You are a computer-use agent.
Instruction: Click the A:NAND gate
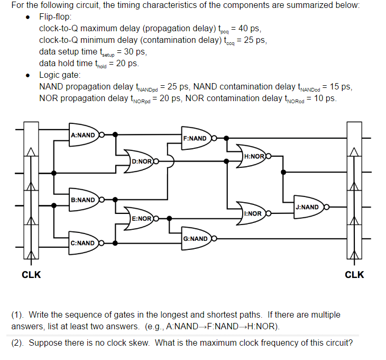(84, 135)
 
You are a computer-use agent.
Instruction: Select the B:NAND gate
(84, 200)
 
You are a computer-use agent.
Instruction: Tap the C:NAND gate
(84, 243)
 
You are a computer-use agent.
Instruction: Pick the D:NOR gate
(142, 160)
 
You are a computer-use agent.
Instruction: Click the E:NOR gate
(142, 218)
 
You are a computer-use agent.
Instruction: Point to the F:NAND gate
(196, 139)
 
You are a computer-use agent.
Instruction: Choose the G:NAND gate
(196, 239)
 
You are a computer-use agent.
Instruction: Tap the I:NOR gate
(253, 213)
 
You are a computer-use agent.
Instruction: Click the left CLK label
(31, 275)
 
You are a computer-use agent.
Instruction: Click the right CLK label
(354, 275)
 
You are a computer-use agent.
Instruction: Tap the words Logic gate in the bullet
(60, 75)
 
